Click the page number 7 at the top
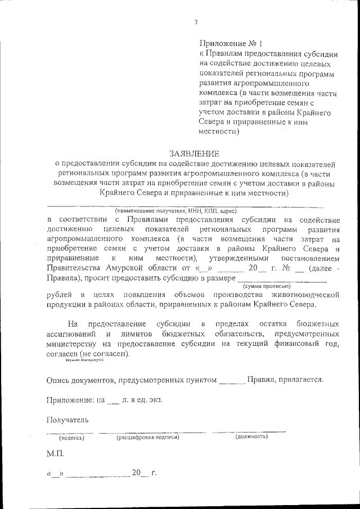pyautogui.click(x=196, y=22)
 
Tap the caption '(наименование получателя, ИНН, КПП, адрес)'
pyautogui.click(x=176, y=211)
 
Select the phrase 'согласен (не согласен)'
pyautogui.click(x=87, y=354)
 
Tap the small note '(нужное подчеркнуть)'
pyautogui.click(x=84, y=361)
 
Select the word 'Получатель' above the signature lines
pyautogui.click(x=67, y=420)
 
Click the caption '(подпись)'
pyautogui.click(x=71, y=438)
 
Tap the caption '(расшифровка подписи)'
pyautogui.click(x=147, y=437)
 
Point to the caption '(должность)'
pyautogui.click(x=251, y=436)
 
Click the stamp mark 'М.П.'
pyautogui.click(x=56, y=453)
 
